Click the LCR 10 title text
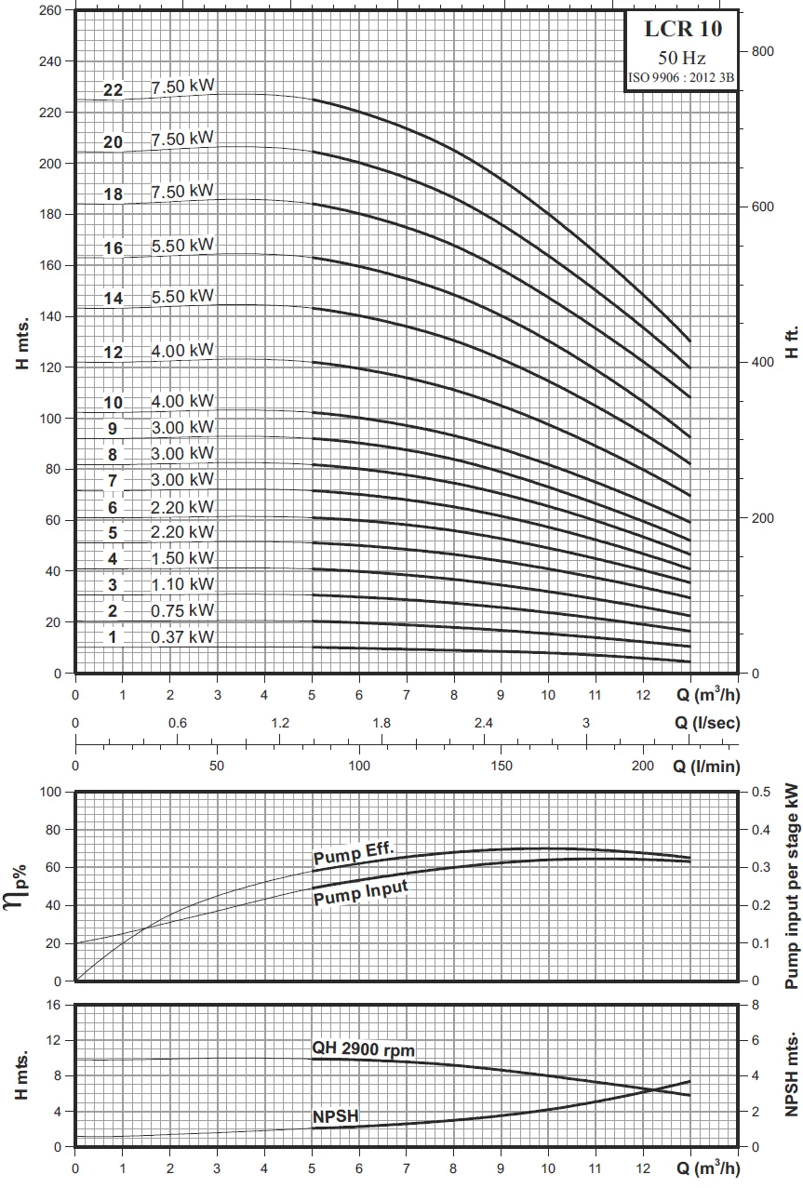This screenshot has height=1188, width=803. coord(683,29)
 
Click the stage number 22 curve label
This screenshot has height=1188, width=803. coord(113,90)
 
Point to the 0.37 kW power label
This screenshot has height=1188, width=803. coord(182,637)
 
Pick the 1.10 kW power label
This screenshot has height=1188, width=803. coord(182,584)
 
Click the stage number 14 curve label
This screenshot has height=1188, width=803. coord(113,299)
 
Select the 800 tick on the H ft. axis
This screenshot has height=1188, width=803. coord(763,50)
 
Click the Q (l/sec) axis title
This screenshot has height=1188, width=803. coord(707,724)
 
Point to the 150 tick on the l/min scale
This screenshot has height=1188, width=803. coord(501,765)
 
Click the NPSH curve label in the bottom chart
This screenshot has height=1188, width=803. coord(336,1116)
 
